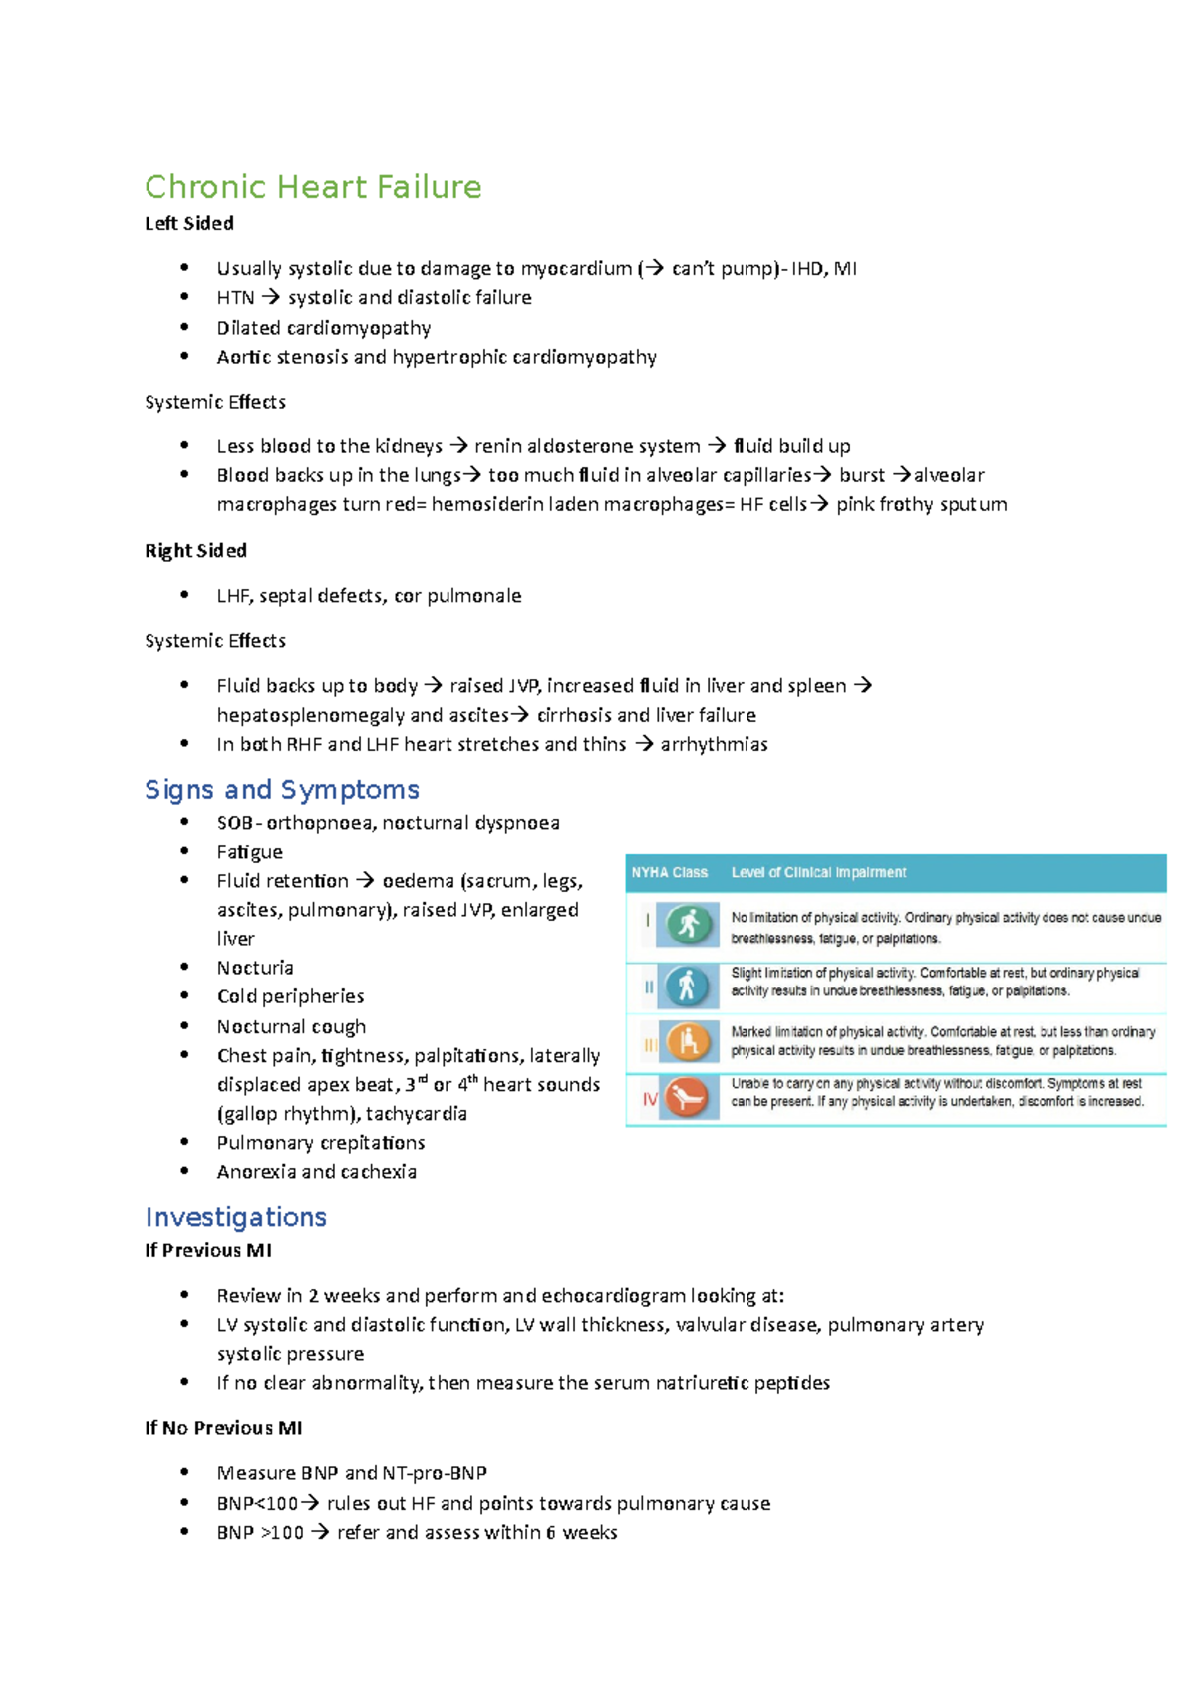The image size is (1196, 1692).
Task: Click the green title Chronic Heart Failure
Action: tap(313, 187)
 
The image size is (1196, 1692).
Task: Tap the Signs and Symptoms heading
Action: tap(281, 790)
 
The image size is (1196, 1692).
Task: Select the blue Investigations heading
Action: tap(235, 1217)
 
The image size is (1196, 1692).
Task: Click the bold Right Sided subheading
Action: tap(195, 551)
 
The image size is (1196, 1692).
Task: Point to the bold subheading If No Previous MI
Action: tap(223, 1428)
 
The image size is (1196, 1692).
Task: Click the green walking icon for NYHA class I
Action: tap(688, 924)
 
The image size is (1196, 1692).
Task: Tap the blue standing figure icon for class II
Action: tap(687, 987)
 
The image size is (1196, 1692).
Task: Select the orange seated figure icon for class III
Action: tap(688, 1042)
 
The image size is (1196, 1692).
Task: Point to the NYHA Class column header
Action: tap(669, 873)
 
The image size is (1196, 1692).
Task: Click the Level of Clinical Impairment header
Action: tap(818, 873)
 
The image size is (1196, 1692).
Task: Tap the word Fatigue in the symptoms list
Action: tap(249, 852)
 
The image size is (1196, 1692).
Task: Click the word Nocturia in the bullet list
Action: tap(255, 968)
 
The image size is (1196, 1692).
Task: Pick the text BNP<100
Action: tap(257, 1503)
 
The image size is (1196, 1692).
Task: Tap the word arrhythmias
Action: tap(714, 744)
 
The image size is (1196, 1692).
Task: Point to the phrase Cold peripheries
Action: tap(290, 996)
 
